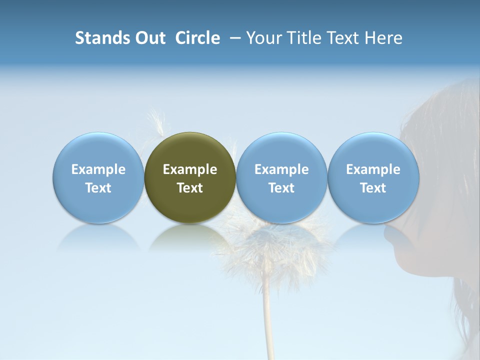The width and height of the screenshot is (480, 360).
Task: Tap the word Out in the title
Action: pyautogui.click(x=148, y=38)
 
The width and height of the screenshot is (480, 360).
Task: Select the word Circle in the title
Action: pyautogui.click(x=197, y=38)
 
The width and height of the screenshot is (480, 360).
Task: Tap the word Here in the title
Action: pyautogui.click(x=383, y=38)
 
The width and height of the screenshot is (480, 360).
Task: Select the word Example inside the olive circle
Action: pyautogui.click(x=190, y=169)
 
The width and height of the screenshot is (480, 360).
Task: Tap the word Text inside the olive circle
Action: pyautogui.click(x=190, y=188)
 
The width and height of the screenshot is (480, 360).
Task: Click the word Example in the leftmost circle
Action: pyautogui.click(x=98, y=169)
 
